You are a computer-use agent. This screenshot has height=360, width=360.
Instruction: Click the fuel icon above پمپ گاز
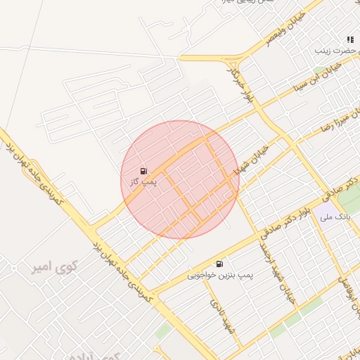coord(144,170)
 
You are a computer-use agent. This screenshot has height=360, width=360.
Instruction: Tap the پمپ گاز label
coord(143,181)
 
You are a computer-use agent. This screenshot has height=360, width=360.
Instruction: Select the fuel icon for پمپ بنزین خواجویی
coord(220,264)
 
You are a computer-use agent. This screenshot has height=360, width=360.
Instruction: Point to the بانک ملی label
coord(335,217)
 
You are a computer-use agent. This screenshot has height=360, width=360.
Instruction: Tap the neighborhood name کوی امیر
coord(54,267)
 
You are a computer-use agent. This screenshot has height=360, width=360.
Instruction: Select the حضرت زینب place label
coord(332,51)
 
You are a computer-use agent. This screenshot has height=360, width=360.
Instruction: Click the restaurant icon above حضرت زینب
coord(349,39)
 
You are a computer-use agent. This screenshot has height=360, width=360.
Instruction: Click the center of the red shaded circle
coord(180,179)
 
